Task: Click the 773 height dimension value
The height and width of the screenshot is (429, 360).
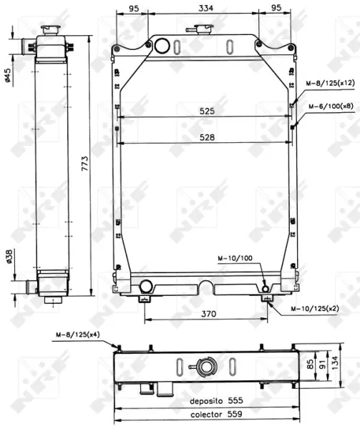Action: [x=85, y=164]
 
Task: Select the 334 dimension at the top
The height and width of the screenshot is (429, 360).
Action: [x=206, y=8]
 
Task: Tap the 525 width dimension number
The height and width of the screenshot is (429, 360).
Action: [x=207, y=111]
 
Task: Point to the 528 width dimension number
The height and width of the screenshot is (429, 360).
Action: [x=207, y=137]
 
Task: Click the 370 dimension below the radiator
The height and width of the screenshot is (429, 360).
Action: [x=208, y=314]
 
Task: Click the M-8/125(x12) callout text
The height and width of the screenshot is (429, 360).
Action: [x=330, y=84]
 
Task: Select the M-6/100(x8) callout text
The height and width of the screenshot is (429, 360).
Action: [x=331, y=106]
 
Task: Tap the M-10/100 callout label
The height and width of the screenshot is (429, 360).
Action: [x=235, y=258]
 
